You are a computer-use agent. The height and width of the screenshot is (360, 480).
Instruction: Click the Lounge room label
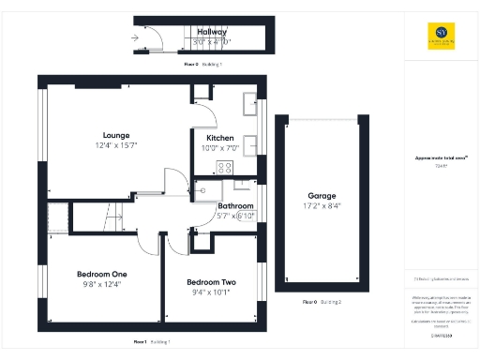point(117,135)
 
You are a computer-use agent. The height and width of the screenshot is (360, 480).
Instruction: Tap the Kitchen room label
point(220,138)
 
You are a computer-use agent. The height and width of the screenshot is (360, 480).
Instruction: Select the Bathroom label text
point(235,205)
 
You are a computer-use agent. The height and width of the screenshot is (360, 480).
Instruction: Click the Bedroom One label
point(100,274)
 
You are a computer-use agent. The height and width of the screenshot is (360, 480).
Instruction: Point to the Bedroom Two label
point(210,282)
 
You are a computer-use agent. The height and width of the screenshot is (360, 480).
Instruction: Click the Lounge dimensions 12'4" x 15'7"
point(117,146)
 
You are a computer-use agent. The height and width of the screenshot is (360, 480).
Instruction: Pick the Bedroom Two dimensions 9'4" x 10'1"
point(210,292)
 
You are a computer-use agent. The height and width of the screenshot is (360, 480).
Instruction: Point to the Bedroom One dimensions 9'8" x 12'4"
point(100,284)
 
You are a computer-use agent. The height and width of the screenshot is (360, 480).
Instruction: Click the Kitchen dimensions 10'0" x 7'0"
point(220,148)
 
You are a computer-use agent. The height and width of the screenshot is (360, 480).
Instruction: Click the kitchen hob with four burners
point(225,168)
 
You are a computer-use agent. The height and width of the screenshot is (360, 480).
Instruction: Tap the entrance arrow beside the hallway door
point(137,37)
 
